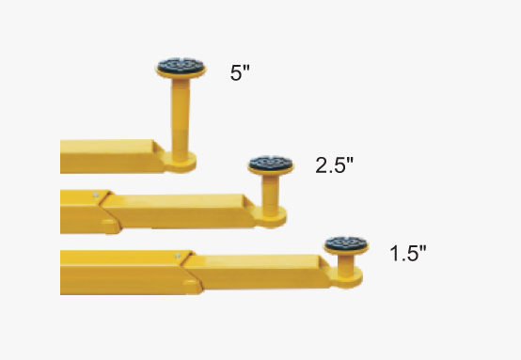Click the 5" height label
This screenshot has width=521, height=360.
(240, 72)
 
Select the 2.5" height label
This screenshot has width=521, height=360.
(334, 165)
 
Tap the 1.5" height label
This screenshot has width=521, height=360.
(407, 254)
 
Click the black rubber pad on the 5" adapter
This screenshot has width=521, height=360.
(181, 65)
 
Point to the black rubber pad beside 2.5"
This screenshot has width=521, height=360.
(271, 163)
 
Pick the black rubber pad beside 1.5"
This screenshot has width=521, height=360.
(346, 243)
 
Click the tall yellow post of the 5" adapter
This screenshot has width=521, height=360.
(181, 117)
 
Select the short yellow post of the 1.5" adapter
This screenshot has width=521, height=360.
(346, 264)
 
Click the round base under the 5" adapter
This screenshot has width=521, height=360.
(180, 163)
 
